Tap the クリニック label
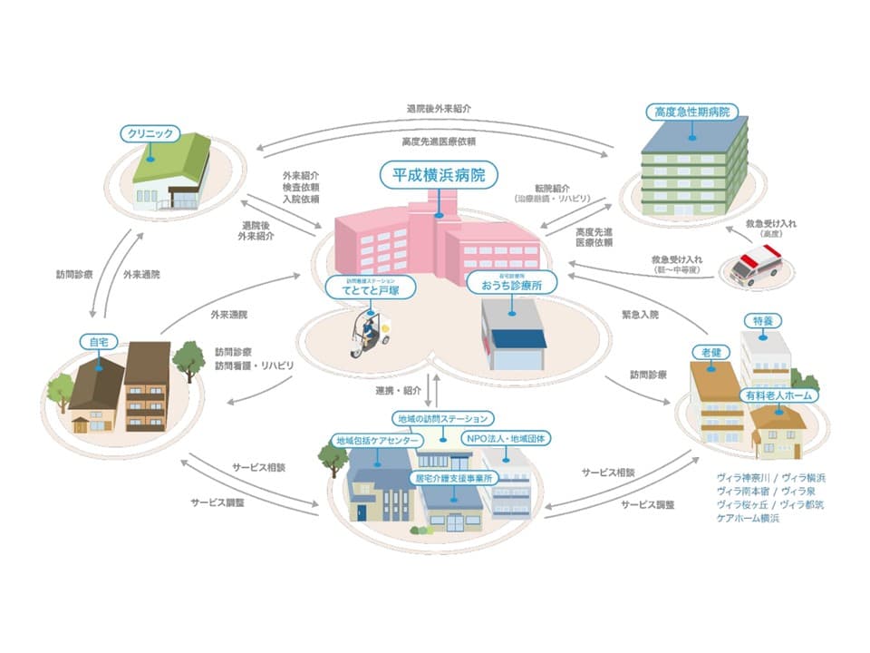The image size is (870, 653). point(146,132)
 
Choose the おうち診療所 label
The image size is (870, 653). point(512,284)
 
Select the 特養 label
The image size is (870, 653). point(762,320)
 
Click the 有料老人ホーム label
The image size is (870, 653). point(780,395)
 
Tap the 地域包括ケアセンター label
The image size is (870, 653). point(377,440)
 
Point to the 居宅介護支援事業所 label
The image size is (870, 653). point(452,477)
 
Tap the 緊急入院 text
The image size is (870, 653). point(641,314)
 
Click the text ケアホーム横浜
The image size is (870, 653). point(748,518)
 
